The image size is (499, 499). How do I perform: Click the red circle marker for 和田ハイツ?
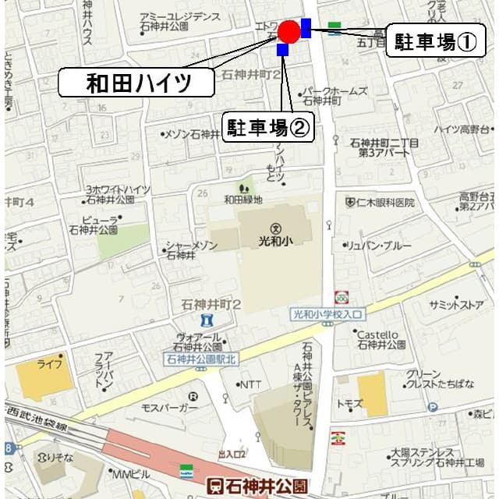pos(289,32)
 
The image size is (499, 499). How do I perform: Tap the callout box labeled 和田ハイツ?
pos(138,83)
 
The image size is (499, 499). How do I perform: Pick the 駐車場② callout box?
pos(268,126)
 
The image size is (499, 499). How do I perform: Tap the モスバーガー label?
pos(170,408)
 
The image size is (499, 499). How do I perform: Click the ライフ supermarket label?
pos(49,363)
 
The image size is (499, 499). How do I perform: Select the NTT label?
pos(251,384)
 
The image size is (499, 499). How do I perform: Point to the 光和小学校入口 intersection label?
pos(327,314)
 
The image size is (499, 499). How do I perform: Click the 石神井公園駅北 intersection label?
pos(202,359)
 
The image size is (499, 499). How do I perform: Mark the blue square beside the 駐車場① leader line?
pos(306,28)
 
